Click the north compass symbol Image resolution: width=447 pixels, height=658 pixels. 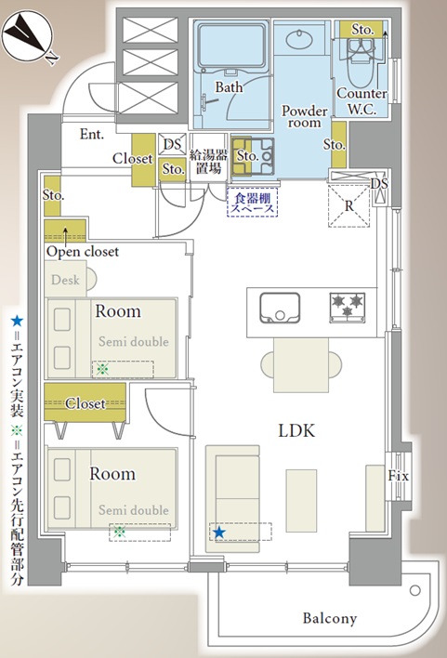28,37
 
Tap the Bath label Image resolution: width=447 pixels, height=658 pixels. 229,87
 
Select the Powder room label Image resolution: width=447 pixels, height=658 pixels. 304,117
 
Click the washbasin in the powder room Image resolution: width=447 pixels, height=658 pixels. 299,39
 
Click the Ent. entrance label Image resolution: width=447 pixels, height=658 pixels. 91,134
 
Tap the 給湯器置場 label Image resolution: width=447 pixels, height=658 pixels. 208,161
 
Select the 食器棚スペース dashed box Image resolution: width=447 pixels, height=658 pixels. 252,203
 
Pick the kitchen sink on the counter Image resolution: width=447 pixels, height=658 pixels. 280,308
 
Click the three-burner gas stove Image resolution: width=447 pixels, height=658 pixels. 348,308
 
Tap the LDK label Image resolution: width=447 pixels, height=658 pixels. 296,430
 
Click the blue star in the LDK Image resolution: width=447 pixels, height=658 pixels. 218,533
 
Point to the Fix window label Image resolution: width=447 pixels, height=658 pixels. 398,476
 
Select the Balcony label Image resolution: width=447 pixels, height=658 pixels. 330,618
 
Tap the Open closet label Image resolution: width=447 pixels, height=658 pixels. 83,251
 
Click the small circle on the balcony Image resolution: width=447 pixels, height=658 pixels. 415,591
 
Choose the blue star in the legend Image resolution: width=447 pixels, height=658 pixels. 17,322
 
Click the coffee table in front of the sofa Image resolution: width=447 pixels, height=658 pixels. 301,501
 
